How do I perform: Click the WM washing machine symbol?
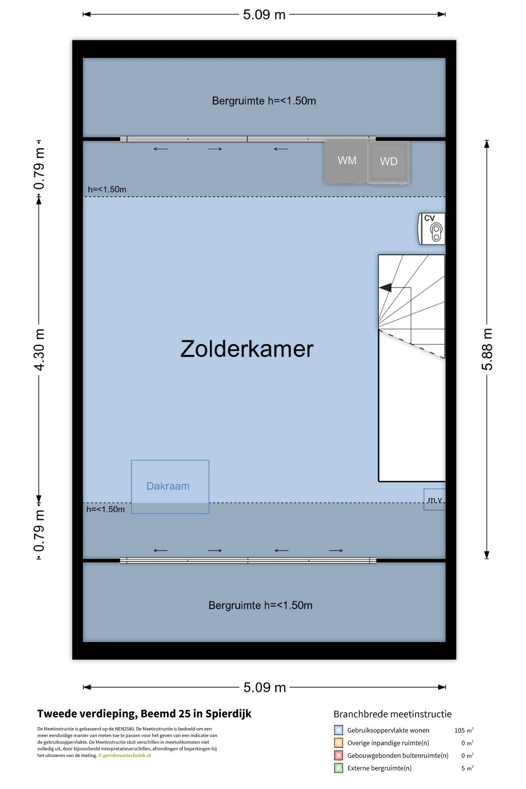coord(346,162)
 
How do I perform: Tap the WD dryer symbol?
coord(388,162)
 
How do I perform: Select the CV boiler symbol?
coord(432,228)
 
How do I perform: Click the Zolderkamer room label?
coord(247,349)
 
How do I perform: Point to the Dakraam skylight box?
coord(170,487)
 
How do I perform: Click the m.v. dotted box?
coord(434,500)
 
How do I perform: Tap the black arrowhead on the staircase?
coord(385,288)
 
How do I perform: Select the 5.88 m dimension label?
coord(487,349)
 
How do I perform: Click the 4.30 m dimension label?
coord(39,350)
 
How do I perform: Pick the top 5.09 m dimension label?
coord(264,14)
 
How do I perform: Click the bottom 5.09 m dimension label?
coord(265,687)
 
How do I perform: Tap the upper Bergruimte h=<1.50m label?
coord(264,101)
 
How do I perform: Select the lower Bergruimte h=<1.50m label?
coord(260,605)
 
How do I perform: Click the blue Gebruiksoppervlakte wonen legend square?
coord(338,730)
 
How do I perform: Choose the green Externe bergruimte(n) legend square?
coord(338,768)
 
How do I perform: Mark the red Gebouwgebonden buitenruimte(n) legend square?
coord(338,755)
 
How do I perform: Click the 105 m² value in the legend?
coord(464,730)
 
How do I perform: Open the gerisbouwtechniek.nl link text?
coord(127,755)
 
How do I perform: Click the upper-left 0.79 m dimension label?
coord(39,169)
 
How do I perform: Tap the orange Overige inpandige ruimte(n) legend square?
coord(338,743)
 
